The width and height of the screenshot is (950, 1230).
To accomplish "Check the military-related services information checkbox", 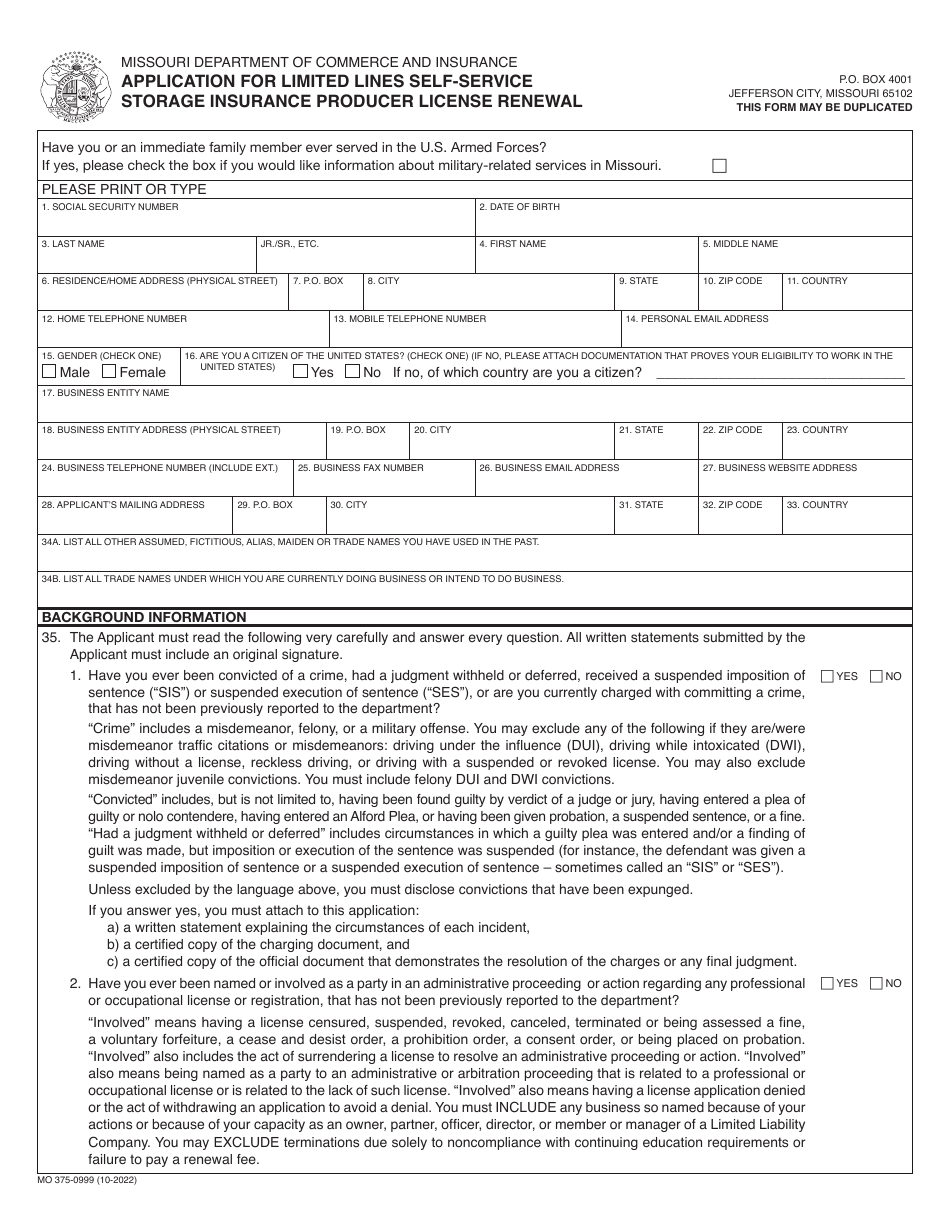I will pos(719,167).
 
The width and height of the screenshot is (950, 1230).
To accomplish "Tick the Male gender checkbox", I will pos(49,372).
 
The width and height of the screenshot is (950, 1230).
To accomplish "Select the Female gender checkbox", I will pos(110,372).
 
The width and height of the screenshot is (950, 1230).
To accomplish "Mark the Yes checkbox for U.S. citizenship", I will pos(300,372).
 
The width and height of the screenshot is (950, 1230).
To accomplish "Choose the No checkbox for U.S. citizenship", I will pos(352,372).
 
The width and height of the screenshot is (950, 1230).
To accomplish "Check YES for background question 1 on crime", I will pos(827,676).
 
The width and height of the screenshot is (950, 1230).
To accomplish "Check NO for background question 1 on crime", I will pos(876,676).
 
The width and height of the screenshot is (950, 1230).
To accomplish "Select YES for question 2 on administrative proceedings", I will pos(827,983).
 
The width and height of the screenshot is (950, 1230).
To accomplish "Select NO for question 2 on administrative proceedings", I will pos(876,983).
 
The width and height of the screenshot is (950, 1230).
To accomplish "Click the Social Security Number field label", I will pos(110,207).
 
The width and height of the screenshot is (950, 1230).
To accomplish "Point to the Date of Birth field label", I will pos(519,207).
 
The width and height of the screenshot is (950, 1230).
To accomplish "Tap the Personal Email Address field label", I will pos(697,319).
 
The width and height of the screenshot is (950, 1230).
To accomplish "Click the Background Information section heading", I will pos(144,617).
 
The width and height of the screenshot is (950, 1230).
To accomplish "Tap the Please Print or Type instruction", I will pos(124,189).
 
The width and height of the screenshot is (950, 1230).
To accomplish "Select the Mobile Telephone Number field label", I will pos(410,319).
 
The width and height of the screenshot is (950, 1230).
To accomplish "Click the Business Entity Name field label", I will pos(105,393).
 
